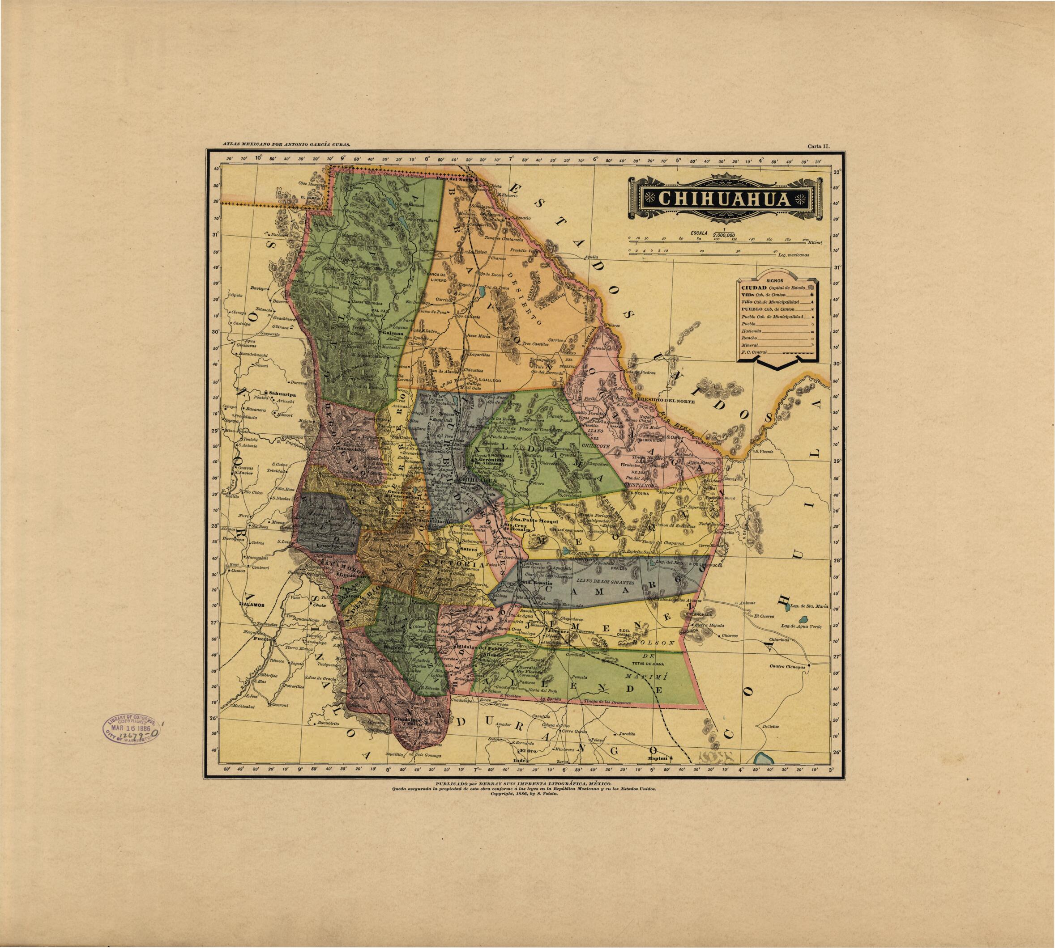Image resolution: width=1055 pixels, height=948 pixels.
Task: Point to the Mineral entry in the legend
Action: click(x=751, y=345)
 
